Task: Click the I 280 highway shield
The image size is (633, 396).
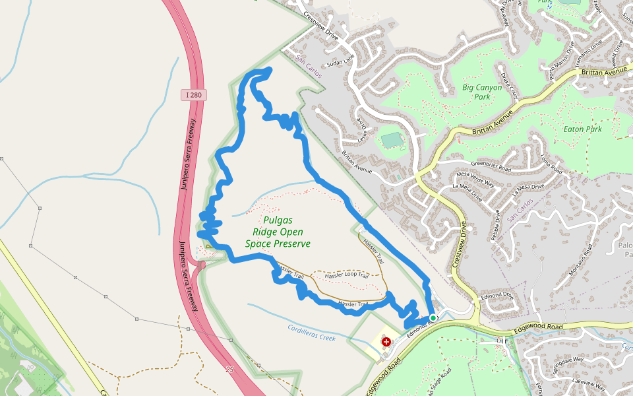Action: tap(195, 96)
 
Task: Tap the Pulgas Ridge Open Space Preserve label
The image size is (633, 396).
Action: tap(278, 232)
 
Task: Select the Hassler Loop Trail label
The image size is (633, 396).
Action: tap(339, 274)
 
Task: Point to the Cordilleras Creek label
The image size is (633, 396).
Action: tap(311, 333)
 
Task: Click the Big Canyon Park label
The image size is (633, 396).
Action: tap(482, 92)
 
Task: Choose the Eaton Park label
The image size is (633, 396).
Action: tap(583, 129)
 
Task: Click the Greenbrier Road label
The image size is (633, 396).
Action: tap(489, 166)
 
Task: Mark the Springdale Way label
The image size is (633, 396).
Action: tap(568, 362)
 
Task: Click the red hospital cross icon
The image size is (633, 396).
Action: tap(386, 342)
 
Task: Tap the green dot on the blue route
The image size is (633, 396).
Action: tap(433, 318)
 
